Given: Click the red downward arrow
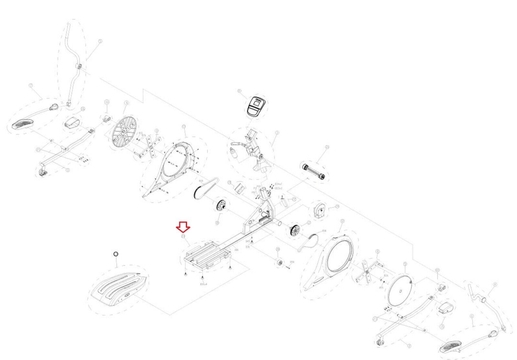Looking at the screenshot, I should coord(183,227).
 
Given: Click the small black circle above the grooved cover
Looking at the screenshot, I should coord(116,254).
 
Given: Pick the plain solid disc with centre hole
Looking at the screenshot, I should coord(401,291).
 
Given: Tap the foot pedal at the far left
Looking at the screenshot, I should coord(23,123).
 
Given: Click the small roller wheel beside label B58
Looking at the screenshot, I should coord(279,262).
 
